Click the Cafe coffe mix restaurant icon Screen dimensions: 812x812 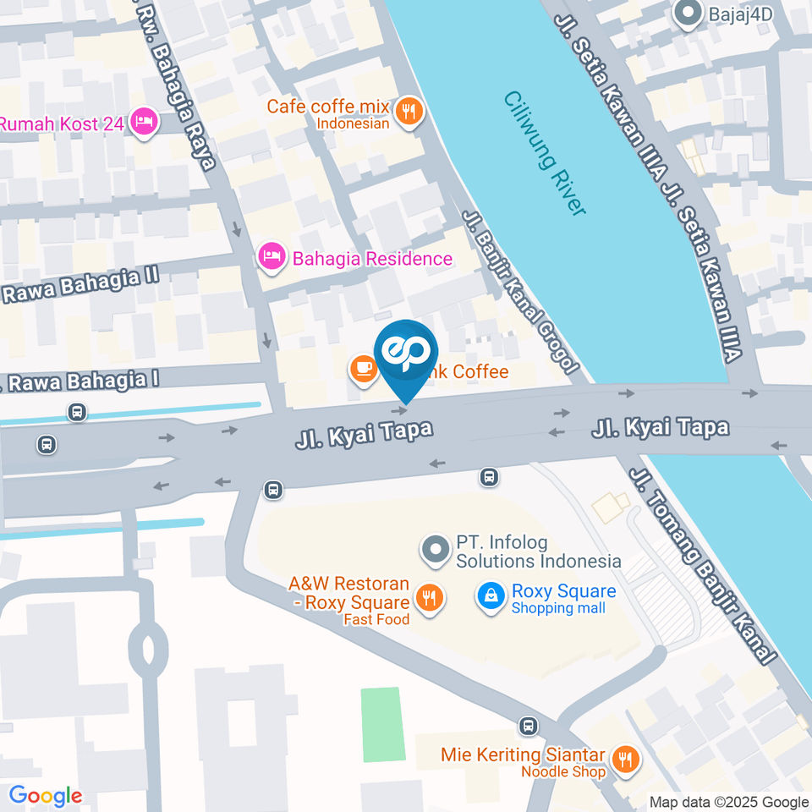409,111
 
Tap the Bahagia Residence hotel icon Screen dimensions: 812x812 272,257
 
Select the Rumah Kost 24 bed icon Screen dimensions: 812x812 145,123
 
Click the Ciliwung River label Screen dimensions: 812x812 545,153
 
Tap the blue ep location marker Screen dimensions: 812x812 407,354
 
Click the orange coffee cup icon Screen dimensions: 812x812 364,369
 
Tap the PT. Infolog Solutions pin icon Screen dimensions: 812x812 436,551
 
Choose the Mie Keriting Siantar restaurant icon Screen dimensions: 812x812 625,759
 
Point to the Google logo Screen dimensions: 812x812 46,795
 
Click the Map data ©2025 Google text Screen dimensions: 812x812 729,802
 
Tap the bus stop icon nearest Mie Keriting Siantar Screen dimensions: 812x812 528,726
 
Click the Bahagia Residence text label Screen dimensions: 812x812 372,259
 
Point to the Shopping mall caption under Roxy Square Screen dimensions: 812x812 558,609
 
